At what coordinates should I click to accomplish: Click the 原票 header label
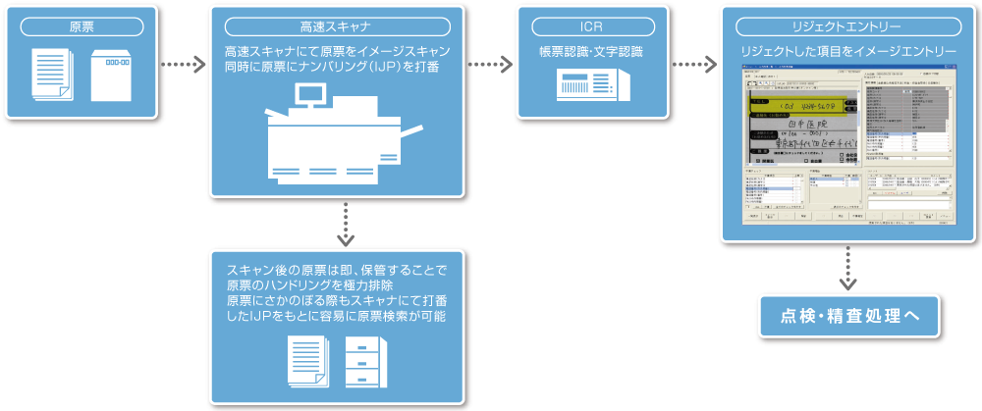click(82, 25)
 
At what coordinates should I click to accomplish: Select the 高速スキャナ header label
click(336, 25)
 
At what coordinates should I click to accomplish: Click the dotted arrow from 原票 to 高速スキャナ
click(184, 67)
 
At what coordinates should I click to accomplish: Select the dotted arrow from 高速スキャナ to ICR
click(490, 67)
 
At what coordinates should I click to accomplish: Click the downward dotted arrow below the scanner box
click(345, 225)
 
